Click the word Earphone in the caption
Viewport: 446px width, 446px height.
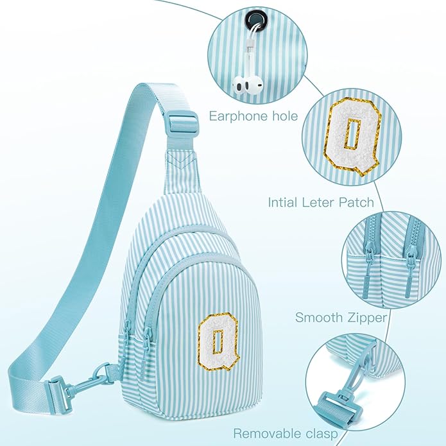238,117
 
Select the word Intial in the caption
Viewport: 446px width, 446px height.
283,203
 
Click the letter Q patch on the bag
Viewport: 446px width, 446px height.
218,342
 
